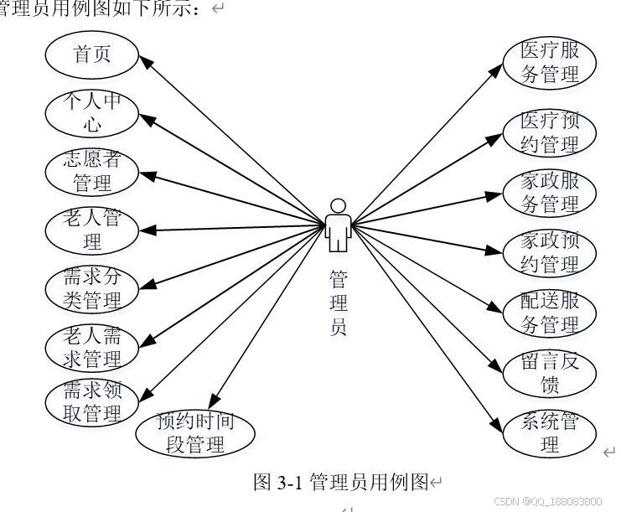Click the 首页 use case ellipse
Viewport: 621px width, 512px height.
tap(92, 54)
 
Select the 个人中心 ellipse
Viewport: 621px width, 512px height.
tap(92, 113)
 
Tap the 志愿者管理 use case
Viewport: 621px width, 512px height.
tap(92, 172)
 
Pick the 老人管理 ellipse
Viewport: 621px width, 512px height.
tap(92, 230)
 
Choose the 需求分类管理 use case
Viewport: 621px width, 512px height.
tap(92, 288)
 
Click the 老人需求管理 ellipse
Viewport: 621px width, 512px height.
tap(92, 348)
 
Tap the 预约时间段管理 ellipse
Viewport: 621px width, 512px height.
tap(195, 432)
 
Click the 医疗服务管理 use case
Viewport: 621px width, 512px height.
tap(550, 63)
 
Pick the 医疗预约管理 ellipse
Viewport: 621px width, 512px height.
tap(550, 132)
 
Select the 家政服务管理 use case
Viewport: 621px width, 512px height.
tap(550, 193)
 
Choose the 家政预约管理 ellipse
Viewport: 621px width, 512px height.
tap(550, 253)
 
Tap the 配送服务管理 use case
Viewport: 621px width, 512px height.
tap(550, 313)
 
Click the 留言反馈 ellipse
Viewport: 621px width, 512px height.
tap(550, 374)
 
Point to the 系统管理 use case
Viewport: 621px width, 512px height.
tap(550, 432)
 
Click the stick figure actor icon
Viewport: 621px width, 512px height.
tap(337, 225)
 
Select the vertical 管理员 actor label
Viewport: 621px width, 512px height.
tap(338, 303)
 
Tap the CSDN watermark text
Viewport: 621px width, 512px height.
tap(548, 501)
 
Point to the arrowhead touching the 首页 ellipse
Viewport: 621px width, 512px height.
tap(143, 60)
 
